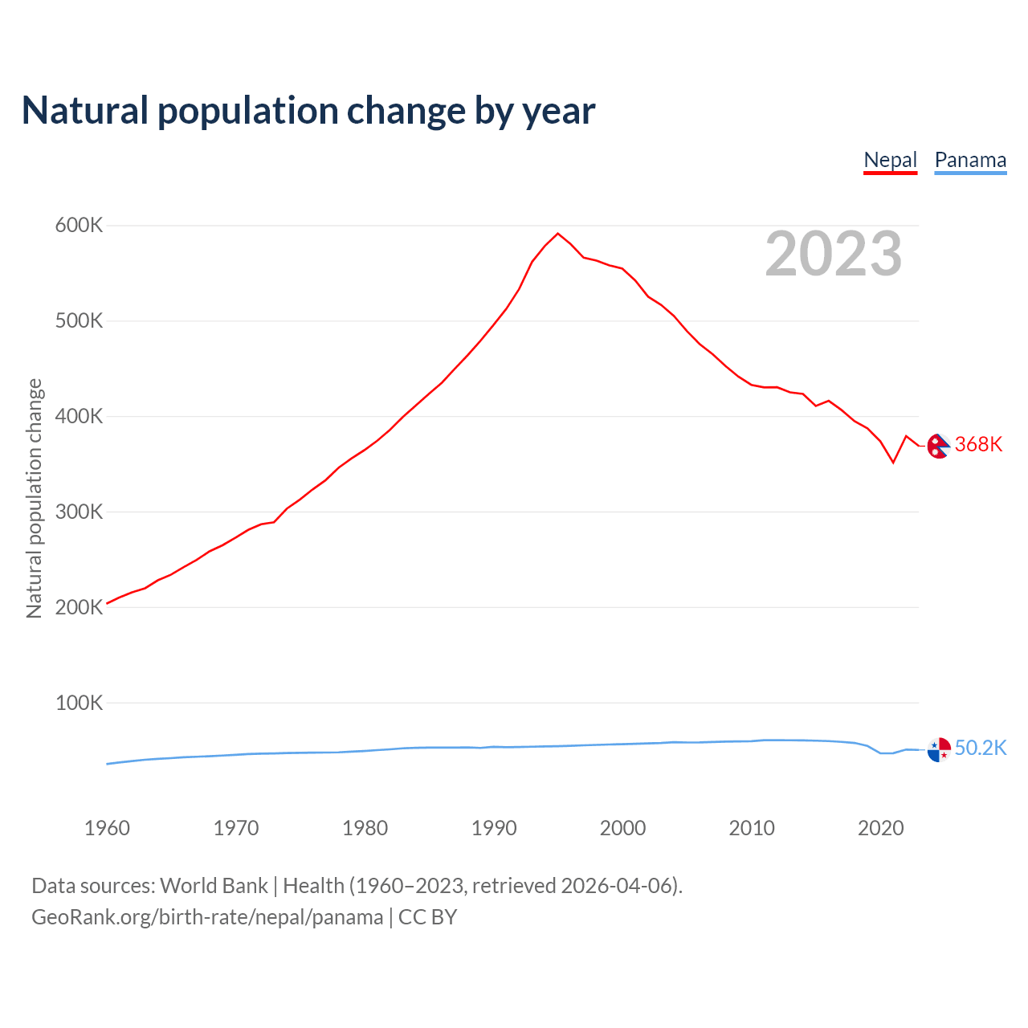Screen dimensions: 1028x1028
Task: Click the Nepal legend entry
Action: click(890, 160)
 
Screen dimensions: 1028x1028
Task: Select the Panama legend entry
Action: click(970, 160)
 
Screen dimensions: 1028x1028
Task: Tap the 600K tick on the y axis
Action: click(80, 226)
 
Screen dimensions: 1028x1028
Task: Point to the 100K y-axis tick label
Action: click(80, 704)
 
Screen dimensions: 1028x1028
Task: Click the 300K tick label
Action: click(80, 512)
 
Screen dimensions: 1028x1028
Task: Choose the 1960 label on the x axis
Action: click(107, 828)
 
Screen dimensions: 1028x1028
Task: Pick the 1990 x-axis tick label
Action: click(494, 828)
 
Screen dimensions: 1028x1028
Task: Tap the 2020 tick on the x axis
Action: click(881, 828)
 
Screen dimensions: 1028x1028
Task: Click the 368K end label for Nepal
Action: click(978, 445)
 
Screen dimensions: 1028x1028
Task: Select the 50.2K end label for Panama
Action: click(981, 749)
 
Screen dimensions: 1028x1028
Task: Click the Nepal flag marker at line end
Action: click(939, 446)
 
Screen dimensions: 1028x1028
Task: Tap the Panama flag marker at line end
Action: click(939, 750)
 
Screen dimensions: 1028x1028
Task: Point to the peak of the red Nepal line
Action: click(558, 234)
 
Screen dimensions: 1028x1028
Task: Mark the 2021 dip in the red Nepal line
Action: click(893, 463)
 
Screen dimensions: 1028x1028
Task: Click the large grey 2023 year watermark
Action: click(834, 255)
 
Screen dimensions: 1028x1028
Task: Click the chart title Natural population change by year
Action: click(308, 111)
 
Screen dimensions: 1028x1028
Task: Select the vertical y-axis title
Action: click(35, 499)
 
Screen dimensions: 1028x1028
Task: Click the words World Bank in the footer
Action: click(214, 886)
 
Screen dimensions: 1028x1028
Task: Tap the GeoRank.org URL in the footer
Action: click(207, 917)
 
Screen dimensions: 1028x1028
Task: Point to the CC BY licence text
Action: click(427, 917)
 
